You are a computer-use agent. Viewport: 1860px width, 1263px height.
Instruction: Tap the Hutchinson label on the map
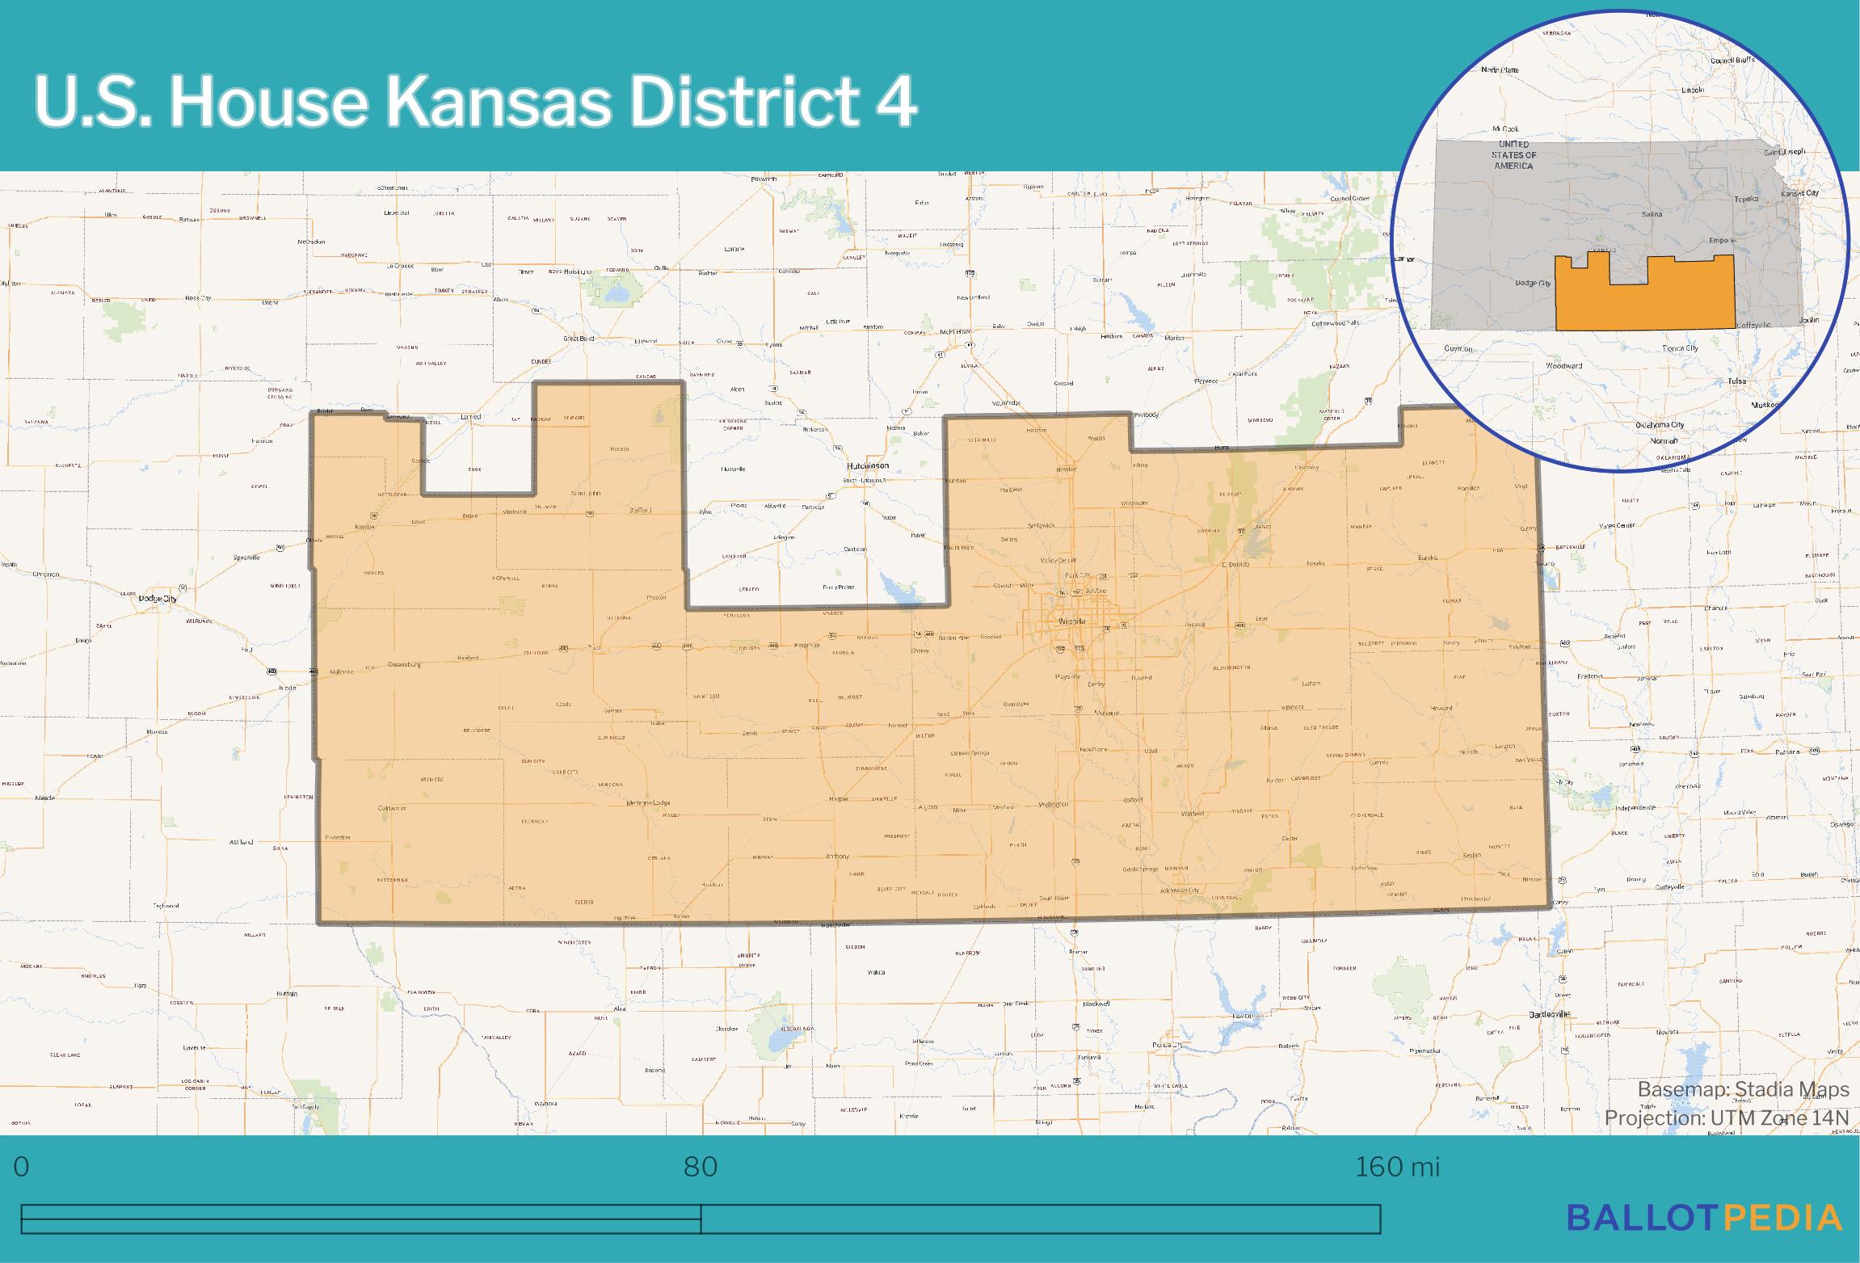pos(867,466)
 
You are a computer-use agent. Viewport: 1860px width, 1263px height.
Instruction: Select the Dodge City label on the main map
pos(158,598)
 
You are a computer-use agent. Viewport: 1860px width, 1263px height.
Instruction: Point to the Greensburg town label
pos(405,664)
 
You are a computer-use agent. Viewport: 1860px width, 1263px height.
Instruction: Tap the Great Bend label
pos(579,339)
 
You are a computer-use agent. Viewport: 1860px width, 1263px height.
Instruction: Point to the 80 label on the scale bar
pos(700,1168)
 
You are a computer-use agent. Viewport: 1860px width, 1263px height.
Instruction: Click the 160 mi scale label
pos(1397,1168)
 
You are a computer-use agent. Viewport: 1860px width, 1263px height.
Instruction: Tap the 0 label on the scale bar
pos(22,1168)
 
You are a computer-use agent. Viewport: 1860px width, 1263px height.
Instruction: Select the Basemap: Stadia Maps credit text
pos(1743,1090)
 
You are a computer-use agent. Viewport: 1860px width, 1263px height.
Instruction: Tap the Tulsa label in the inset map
pos(1736,381)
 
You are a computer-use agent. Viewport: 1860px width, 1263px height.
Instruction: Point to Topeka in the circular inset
pos(1745,199)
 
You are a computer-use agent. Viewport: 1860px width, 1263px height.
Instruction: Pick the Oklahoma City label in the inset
pos(1652,425)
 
